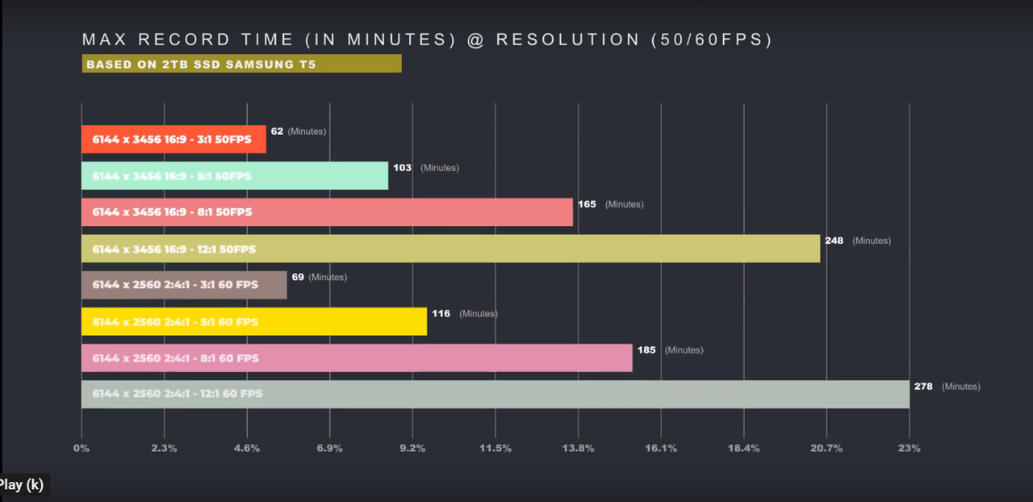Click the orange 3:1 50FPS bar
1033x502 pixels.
[x=174, y=139]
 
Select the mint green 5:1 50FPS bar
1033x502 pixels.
[x=235, y=175]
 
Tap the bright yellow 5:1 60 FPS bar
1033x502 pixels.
[x=254, y=321]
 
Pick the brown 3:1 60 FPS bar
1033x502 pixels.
[x=184, y=285]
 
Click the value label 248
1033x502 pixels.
[x=834, y=241]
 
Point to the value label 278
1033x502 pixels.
[x=923, y=387]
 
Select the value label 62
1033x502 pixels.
[x=277, y=131]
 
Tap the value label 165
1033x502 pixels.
[x=587, y=204]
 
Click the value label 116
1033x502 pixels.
[x=441, y=313]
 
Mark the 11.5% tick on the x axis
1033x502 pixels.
[x=496, y=448]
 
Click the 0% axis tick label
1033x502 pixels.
[x=82, y=448]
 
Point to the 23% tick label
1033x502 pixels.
[x=910, y=448]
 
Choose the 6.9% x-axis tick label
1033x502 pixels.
[x=330, y=448]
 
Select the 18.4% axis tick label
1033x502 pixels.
[x=744, y=448]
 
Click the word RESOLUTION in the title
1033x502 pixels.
[x=568, y=40]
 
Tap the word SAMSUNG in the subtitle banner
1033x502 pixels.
[x=260, y=64]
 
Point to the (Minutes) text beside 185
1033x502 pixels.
[x=684, y=350]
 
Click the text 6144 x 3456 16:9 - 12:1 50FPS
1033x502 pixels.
[x=174, y=249]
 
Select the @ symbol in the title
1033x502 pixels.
[x=475, y=40]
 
